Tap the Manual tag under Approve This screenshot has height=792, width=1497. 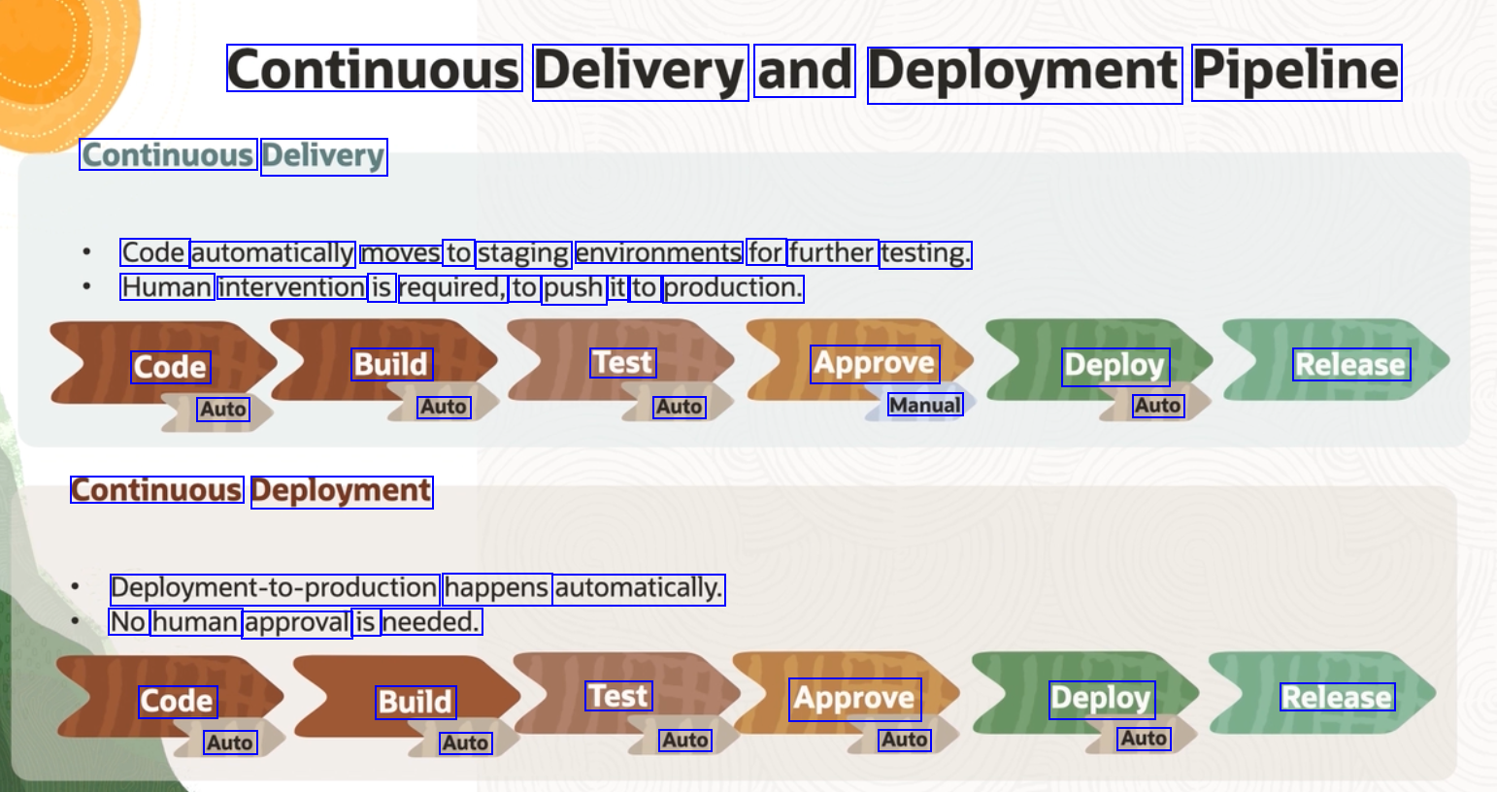pyautogui.click(x=925, y=405)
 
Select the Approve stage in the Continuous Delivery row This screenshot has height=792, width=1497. pyautogui.click(x=875, y=364)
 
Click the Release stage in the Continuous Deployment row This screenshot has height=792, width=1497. pyautogui.click(x=1337, y=697)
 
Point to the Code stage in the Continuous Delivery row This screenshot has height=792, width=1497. pyautogui.click(x=171, y=367)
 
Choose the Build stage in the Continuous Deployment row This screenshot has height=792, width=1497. pyautogui.click(x=416, y=702)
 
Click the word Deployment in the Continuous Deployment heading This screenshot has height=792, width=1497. pyautogui.click(x=341, y=491)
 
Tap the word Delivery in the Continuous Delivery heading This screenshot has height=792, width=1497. pyautogui.click(x=323, y=156)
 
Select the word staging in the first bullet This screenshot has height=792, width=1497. pyautogui.click(x=523, y=253)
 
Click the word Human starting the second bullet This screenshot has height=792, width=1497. pyautogui.click(x=167, y=287)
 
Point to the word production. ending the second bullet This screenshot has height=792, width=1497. pyautogui.click(x=733, y=288)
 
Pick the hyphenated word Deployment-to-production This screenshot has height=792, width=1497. pyautogui.click(x=275, y=588)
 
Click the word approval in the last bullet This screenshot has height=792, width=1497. pyautogui.click(x=297, y=622)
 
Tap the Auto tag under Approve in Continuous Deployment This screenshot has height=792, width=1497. pyautogui.click(x=905, y=740)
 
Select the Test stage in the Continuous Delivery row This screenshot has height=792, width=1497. pyautogui.click(x=623, y=363)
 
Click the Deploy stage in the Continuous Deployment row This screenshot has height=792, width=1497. pyautogui.click(x=1101, y=699)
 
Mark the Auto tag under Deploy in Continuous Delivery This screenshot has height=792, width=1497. pyautogui.click(x=1158, y=406)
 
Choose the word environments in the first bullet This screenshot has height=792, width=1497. pyautogui.click(x=659, y=253)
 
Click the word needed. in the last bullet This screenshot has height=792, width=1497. pyautogui.click(x=431, y=622)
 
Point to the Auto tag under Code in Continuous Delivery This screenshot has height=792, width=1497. pyautogui.click(x=223, y=410)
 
